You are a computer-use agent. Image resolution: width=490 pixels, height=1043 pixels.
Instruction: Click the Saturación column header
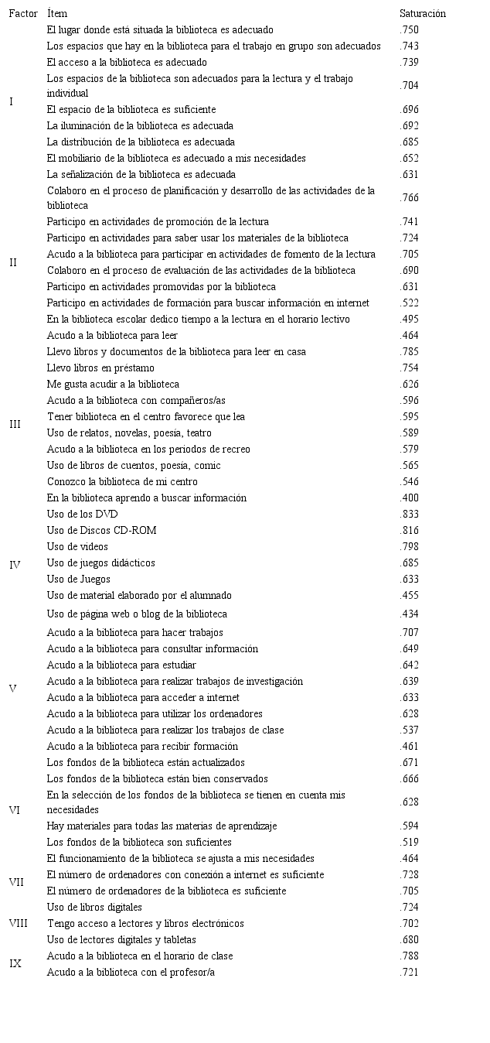tap(422, 13)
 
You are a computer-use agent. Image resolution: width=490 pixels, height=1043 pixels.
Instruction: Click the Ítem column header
tap(56, 13)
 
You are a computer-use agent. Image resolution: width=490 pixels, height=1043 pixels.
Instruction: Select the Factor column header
tap(23, 13)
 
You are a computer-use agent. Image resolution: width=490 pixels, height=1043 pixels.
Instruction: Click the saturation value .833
tap(410, 514)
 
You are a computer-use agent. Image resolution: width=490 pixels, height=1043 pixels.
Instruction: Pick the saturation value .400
tap(410, 498)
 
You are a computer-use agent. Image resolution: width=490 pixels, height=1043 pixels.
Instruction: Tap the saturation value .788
tap(410, 956)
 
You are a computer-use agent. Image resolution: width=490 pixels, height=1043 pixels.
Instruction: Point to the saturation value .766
tap(410, 198)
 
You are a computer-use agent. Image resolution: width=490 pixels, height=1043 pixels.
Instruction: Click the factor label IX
tap(15, 964)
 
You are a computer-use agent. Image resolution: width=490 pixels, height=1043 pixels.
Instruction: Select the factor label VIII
tap(18, 923)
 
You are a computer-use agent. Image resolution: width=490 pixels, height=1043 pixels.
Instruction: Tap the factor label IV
tap(15, 565)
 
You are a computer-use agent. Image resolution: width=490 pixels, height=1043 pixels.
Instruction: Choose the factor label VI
tap(15, 810)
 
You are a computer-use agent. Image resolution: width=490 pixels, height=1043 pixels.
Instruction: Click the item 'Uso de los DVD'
tap(82, 514)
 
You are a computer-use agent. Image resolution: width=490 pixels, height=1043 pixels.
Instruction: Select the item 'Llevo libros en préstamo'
tap(100, 368)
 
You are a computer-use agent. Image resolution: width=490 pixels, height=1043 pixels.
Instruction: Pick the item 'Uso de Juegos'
tap(78, 579)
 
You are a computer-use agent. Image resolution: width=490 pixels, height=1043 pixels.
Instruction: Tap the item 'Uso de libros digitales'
tap(94, 907)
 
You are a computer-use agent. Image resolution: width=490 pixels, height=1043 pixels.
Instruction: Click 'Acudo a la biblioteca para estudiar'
tap(121, 665)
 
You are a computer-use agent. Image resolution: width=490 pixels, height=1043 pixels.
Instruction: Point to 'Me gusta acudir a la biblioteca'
tap(113, 384)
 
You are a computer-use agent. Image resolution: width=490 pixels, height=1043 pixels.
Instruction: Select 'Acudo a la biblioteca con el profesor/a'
tap(131, 972)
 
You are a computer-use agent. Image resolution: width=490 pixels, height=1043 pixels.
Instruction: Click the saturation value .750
tap(410, 29)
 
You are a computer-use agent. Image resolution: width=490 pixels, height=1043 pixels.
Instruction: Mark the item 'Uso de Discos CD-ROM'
tap(101, 530)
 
